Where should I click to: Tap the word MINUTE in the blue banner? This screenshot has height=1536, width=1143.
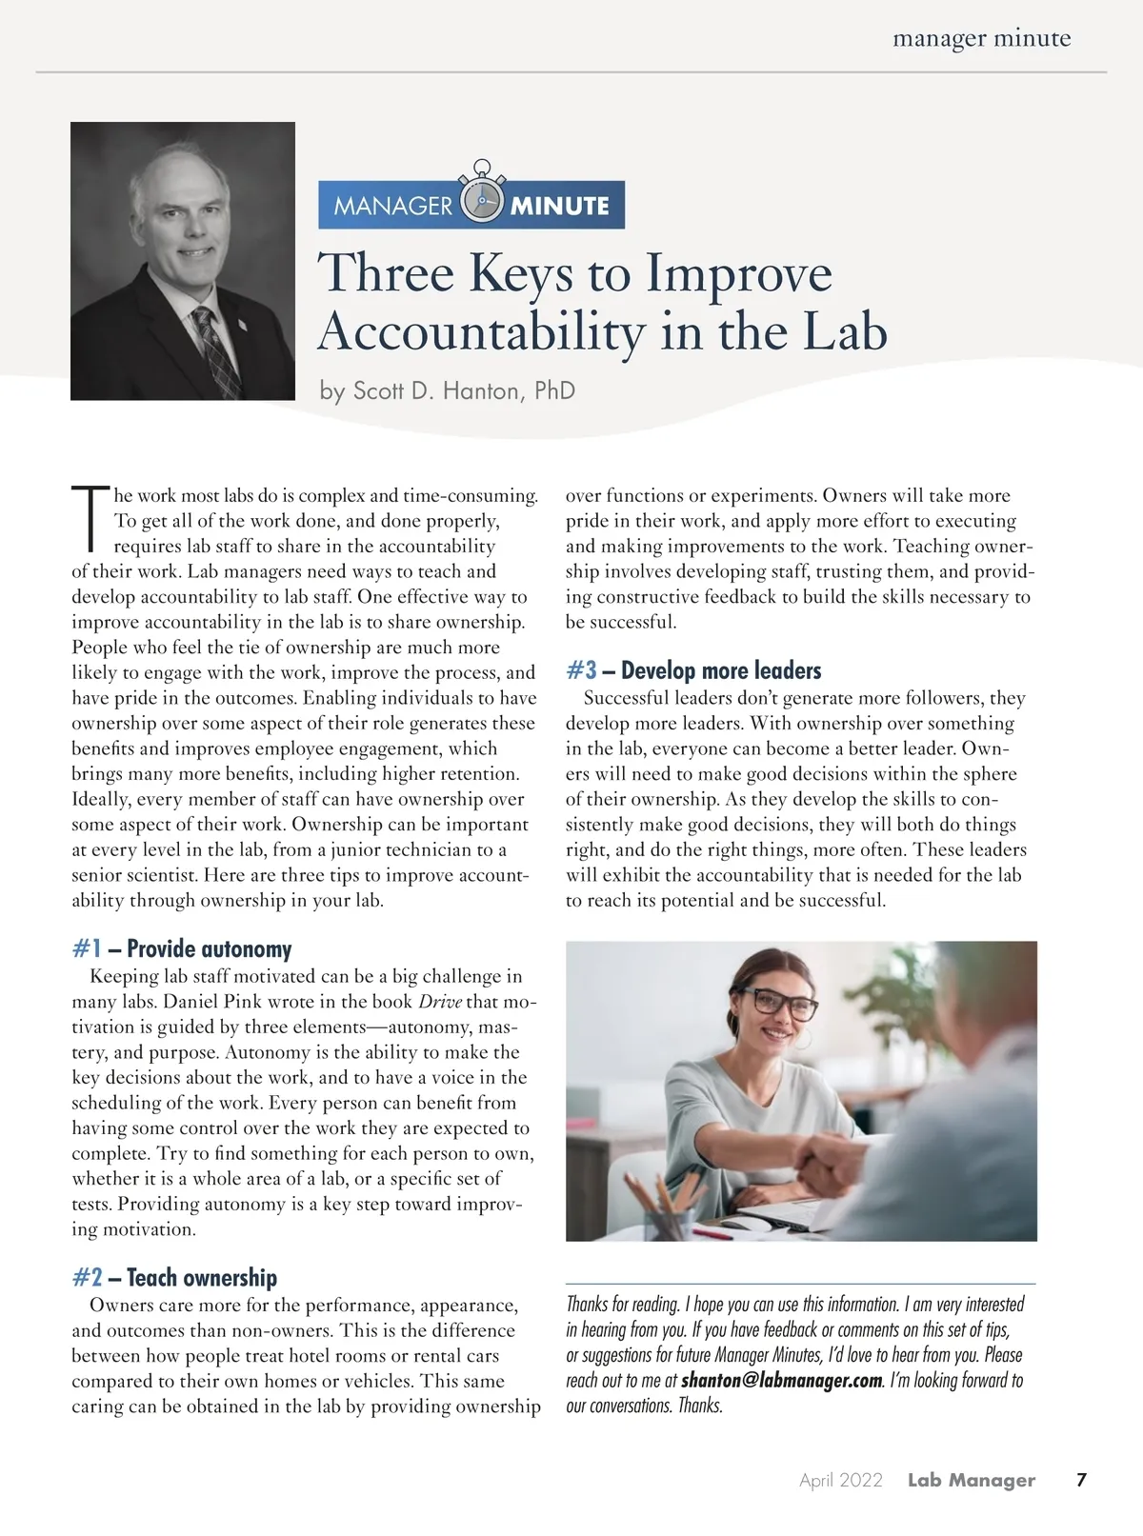tap(560, 206)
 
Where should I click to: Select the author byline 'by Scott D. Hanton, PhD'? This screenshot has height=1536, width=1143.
tap(448, 391)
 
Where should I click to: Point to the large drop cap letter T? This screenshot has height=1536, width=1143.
tap(90, 519)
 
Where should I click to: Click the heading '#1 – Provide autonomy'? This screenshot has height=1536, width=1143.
tap(182, 949)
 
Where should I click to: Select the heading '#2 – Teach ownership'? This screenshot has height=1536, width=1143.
tap(174, 1278)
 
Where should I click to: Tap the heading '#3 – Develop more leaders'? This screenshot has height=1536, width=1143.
tap(693, 670)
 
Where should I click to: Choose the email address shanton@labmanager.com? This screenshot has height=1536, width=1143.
tap(782, 1380)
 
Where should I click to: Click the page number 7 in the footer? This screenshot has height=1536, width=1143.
tap(1080, 1480)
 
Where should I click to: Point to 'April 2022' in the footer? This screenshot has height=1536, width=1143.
tap(841, 1480)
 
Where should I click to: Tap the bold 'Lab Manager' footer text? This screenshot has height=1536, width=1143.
tap(971, 1480)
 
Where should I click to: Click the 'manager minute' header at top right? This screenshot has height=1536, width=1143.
tap(981, 39)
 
